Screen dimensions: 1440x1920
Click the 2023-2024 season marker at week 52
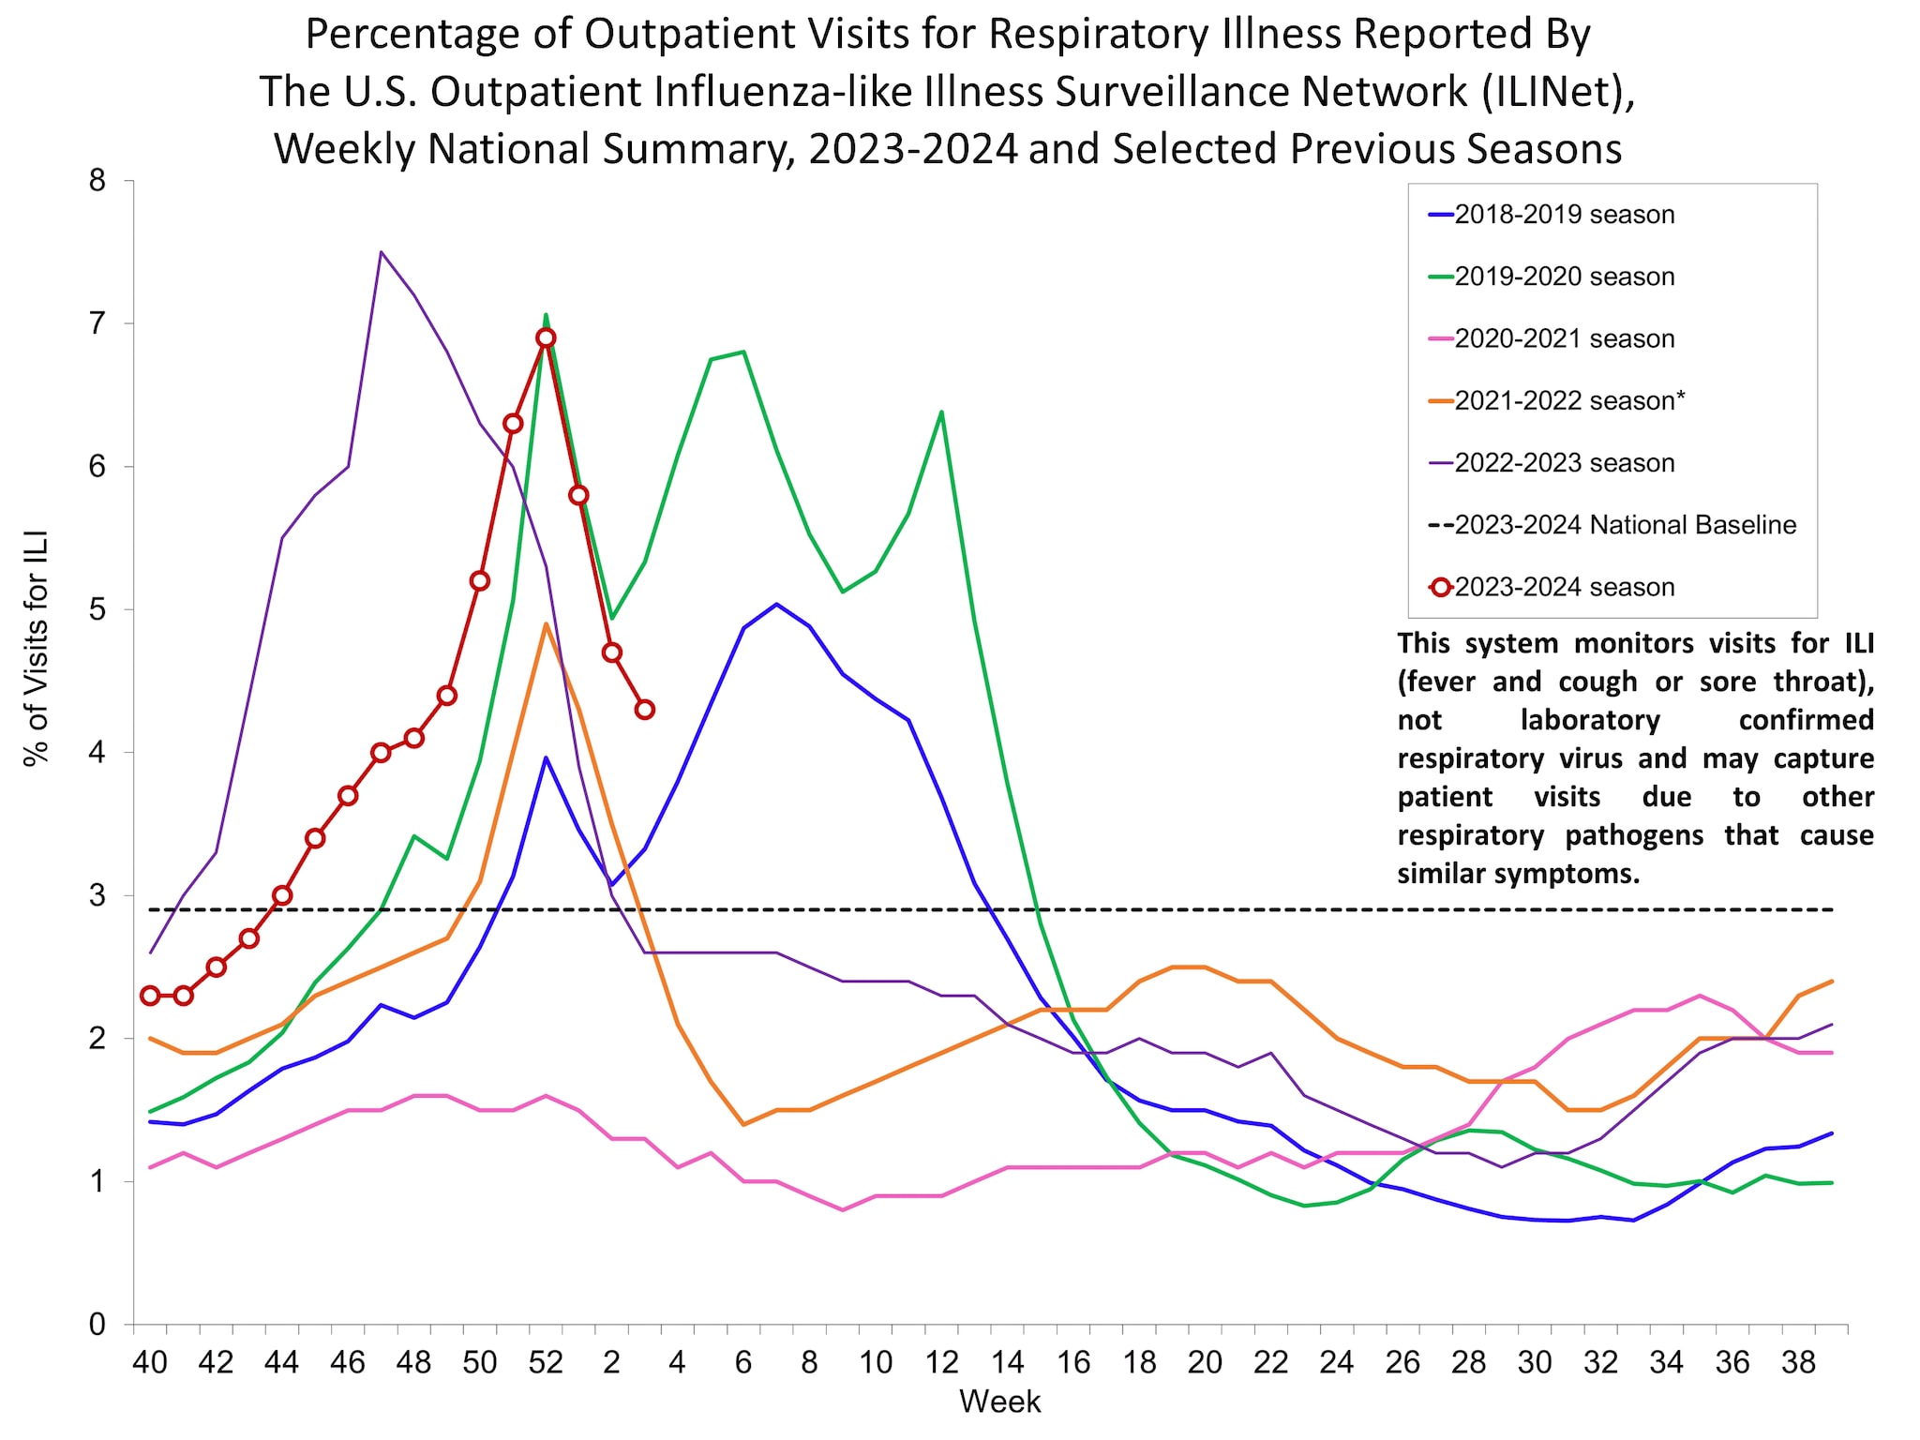546,337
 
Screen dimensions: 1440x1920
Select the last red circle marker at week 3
644,710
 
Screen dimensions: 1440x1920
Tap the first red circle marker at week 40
150,996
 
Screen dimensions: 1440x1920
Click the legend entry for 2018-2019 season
1564,215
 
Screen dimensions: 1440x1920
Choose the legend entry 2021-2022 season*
1569,400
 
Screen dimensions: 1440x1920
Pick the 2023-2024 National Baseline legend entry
1625,525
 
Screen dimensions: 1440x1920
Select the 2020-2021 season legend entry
1564,338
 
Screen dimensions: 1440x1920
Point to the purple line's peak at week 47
381,251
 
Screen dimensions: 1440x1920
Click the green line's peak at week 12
941,412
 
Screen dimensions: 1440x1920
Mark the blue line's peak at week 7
776,604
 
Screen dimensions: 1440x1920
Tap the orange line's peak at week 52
546,623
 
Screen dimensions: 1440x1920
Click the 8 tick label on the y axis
98,181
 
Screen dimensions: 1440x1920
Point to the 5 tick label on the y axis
98,609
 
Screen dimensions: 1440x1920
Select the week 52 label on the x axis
546,1362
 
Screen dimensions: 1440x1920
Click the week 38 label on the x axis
1798,1362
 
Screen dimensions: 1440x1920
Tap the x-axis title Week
999,1402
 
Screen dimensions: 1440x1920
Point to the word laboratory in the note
1590,720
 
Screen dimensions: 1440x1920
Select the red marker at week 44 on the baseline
282,895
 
